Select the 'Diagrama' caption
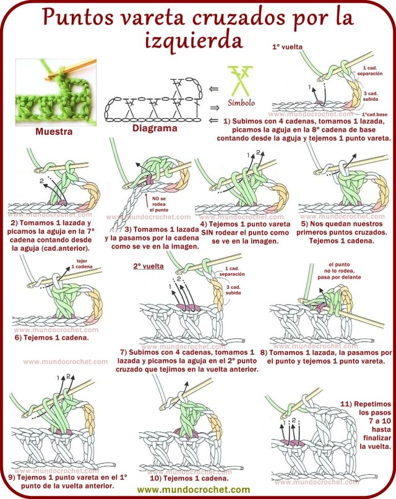(155, 128)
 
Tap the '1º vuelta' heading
(289, 46)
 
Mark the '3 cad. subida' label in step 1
(370, 96)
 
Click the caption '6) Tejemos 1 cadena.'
(51, 338)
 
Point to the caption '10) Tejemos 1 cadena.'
(189, 477)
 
